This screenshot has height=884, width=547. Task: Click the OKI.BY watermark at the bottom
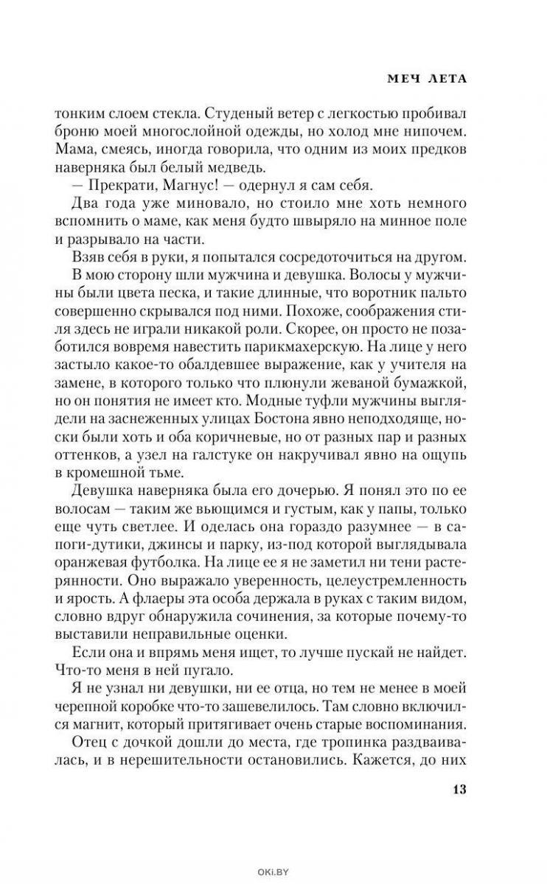(x=273, y=872)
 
